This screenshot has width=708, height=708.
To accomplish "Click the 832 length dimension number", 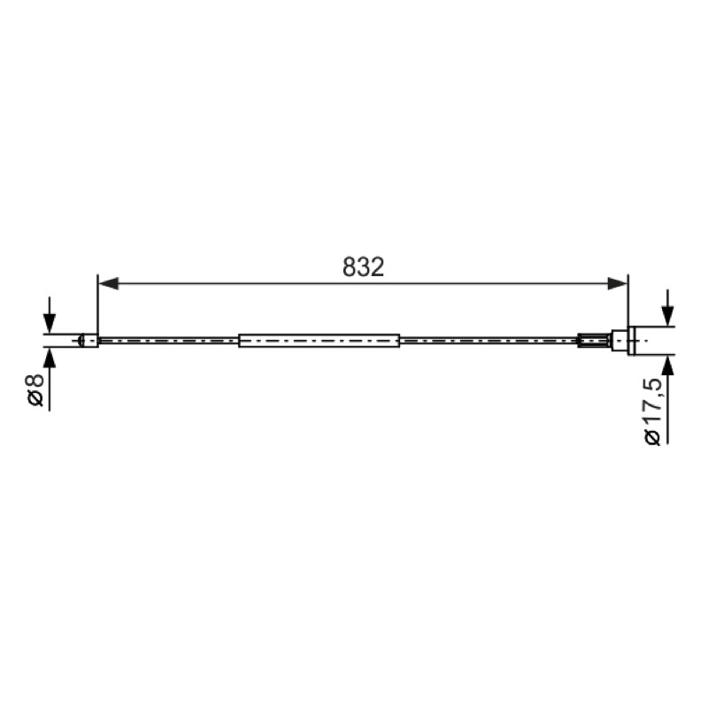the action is click(x=363, y=267).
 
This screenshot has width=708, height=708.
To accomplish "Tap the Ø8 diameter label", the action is click(x=35, y=389).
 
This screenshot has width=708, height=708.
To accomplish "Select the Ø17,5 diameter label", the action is click(x=653, y=412).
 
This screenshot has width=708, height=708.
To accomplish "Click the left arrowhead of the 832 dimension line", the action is click(x=108, y=283).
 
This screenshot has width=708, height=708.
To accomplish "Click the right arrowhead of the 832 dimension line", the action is click(x=617, y=283).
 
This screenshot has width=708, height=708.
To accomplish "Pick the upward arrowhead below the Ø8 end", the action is click(x=50, y=357).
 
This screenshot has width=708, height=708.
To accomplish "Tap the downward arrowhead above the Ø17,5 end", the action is click(x=667, y=316).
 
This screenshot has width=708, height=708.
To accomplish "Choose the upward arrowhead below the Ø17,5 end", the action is click(x=667, y=365).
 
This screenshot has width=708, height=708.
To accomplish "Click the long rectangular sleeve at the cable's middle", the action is click(x=319, y=341).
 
